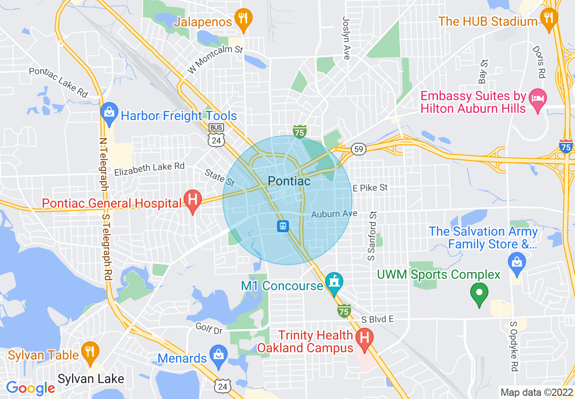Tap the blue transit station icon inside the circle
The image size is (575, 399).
click(283, 226)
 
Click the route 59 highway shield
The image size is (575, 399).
click(359, 149)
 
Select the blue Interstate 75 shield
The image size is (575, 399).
click(566, 146)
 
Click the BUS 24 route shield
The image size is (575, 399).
click(216, 136)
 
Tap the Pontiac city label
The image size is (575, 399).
click(289, 181)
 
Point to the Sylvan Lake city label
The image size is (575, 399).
click(91, 379)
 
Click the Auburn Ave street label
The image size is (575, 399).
click(334, 214)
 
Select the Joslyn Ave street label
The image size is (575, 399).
click(346, 39)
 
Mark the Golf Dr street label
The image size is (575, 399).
click(209, 328)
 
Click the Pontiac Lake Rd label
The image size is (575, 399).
click(58, 83)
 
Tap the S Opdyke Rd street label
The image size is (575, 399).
click(514, 346)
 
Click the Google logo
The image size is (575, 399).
click(30, 388)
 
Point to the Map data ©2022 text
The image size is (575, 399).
click(536, 392)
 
